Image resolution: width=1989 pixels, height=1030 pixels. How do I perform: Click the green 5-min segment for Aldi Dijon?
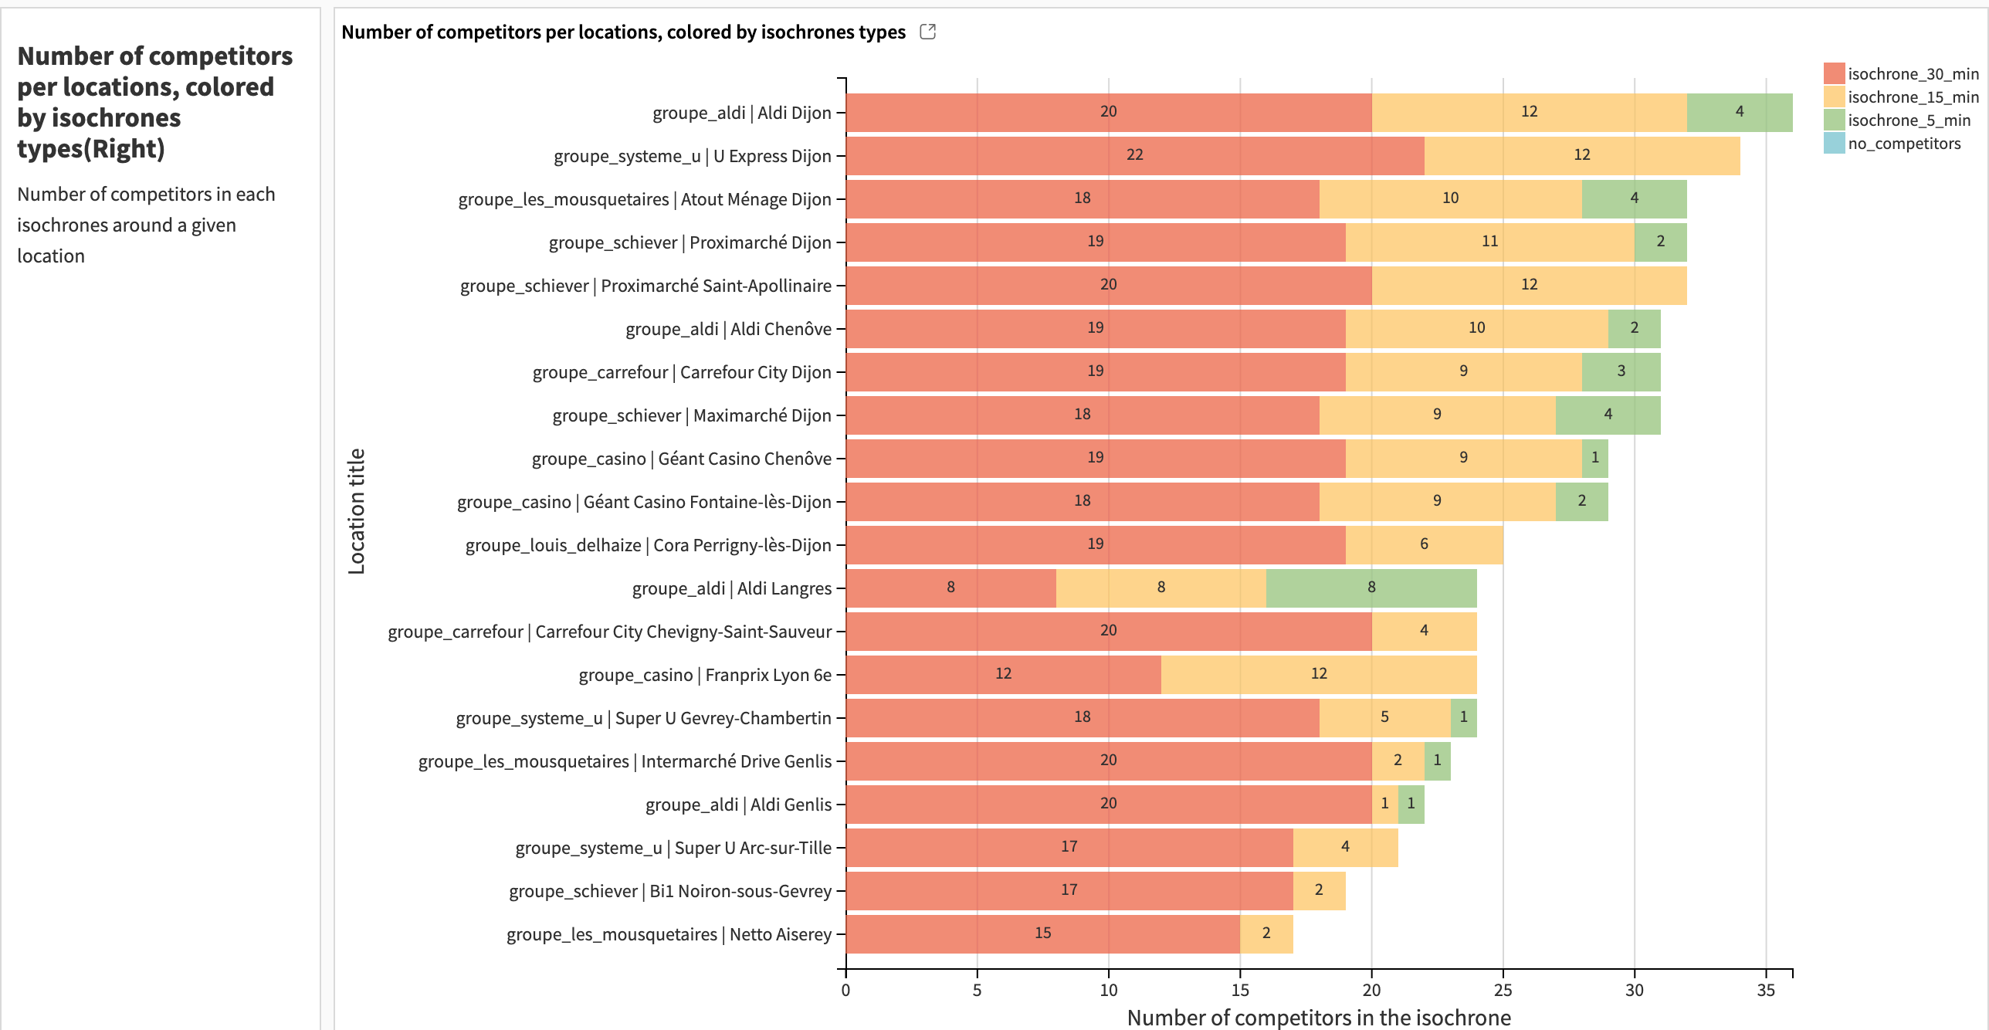click(x=1739, y=112)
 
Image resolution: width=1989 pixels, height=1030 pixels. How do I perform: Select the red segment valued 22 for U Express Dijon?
click(x=1134, y=155)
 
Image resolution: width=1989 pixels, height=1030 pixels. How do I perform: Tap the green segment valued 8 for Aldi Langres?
click(x=1371, y=588)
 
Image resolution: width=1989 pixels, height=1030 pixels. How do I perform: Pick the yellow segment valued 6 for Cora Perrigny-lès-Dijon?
click(x=1423, y=544)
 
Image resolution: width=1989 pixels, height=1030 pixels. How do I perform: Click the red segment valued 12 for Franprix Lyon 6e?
click(x=1002, y=674)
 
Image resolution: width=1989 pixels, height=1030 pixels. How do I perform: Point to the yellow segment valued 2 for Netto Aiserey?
click(x=1266, y=933)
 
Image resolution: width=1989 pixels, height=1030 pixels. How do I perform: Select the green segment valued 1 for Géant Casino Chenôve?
click(x=1594, y=458)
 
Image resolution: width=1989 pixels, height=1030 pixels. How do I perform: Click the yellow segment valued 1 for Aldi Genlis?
click(x=1384, y=804)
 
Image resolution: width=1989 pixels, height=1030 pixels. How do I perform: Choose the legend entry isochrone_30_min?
click(x=1913, y=74)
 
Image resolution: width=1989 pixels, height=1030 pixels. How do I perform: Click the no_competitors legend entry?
click(x=1903, y=144)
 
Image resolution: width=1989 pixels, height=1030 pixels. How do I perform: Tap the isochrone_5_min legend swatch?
click(x=1834, y=120)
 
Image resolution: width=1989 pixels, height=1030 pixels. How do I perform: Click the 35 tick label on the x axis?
click(x=1765, y=990)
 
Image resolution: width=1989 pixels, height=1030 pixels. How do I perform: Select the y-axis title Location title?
click(x=356, y=511)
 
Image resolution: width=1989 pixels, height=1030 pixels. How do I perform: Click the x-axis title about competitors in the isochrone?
click(x=1318, y=1017)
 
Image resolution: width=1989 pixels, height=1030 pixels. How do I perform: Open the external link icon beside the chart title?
click(x=927, y=32)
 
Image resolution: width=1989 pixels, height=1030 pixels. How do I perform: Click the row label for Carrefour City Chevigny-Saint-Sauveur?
click(x=609, y=632)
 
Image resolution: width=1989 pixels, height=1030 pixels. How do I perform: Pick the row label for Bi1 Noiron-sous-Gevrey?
click(x=669, y=891)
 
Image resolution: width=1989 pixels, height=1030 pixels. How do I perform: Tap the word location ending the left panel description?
click(x=51, y=256)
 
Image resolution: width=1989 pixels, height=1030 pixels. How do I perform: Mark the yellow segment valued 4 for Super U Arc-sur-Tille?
click(x=1344, y=847)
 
